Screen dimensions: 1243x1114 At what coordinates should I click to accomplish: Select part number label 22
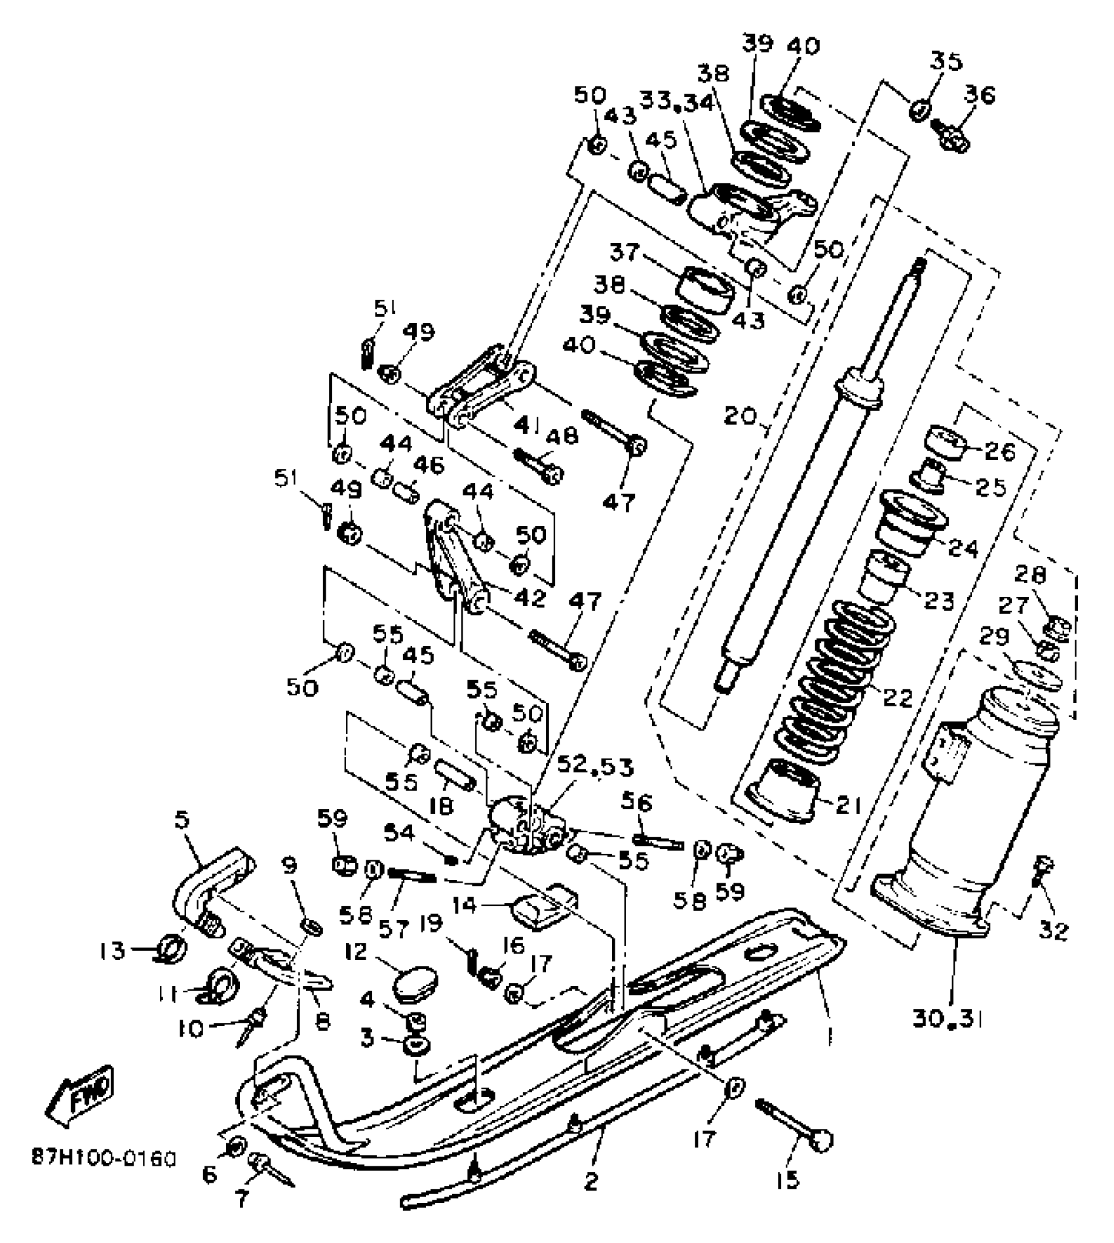pos(897,697)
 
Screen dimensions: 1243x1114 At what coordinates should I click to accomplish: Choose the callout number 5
pos(182,819)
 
